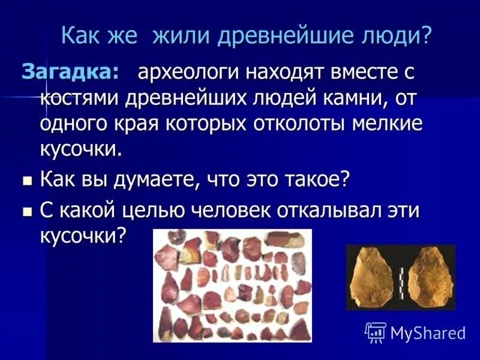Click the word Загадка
point(70,73)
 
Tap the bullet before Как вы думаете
point(26,180)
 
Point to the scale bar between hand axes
point(401,277)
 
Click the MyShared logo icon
point(376,332)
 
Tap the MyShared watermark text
point(428,332)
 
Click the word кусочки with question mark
point(84,235)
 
